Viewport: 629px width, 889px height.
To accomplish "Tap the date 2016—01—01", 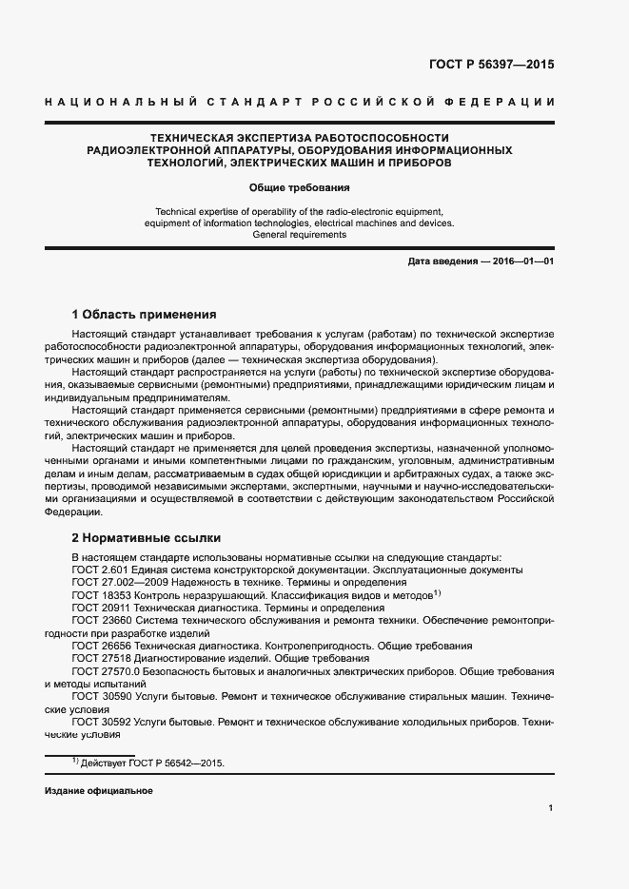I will coord(522,261).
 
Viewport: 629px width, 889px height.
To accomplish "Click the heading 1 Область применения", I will coord(145,314).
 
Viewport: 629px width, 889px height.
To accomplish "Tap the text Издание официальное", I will coord(98,791).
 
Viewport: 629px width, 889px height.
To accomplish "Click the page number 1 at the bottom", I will coord(551,808).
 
